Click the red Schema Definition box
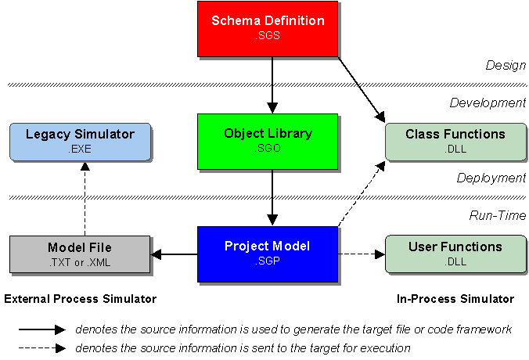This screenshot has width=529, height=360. [268, 29]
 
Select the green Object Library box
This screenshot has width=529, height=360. [268, 141]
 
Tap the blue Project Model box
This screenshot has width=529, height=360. [268, 254]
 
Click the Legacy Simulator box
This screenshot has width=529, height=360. [79, 141]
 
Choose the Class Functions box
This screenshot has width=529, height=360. [455, 141]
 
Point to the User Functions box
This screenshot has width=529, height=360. [455, 254]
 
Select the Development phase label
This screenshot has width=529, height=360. [488, 103]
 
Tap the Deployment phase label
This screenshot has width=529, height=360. [491, 178]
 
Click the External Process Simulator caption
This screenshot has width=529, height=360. [80, 299]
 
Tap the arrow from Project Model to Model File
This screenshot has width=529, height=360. [174, 254]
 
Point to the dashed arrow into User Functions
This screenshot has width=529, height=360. [362, 254]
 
